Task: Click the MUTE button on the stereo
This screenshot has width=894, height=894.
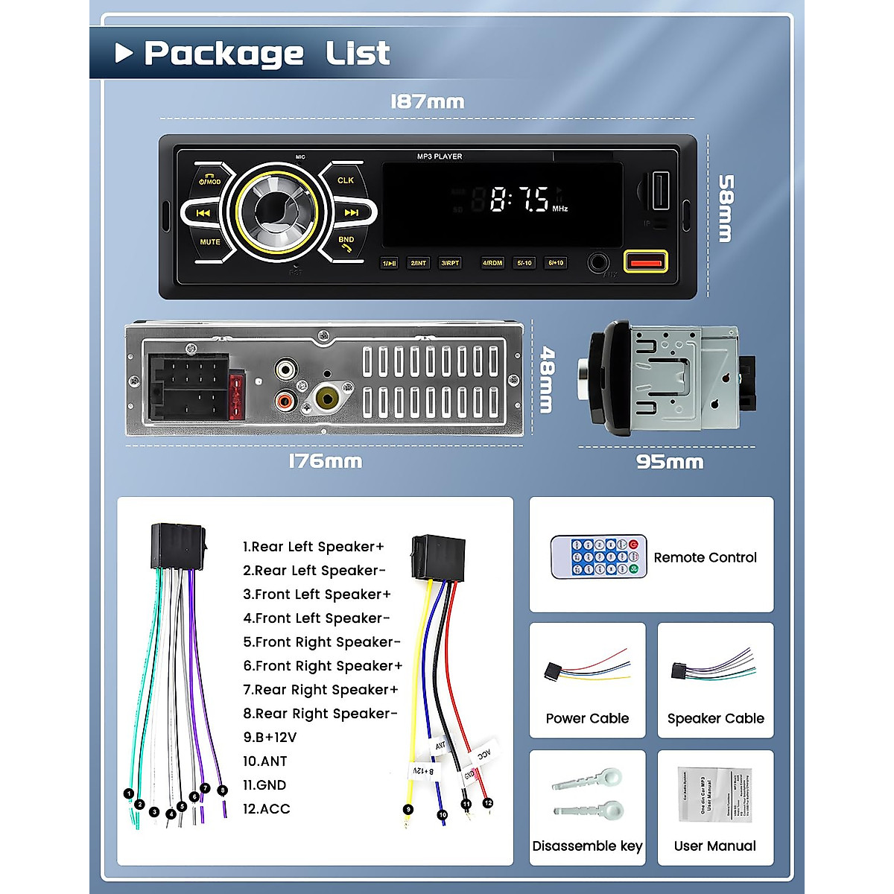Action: coord(209,242)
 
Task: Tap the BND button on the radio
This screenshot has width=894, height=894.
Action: coord(346,243)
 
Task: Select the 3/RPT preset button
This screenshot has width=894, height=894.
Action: coord(450,263)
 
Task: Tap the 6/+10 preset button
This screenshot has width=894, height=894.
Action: coord(556,263)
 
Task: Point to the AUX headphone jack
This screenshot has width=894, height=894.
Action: coord(597,262)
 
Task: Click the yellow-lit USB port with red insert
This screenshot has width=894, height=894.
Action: coord(645,261)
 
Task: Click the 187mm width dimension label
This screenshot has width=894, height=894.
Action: coord(427,101)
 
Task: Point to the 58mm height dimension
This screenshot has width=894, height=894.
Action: coord(725,209)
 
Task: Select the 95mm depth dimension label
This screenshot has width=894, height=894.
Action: coord(669,462)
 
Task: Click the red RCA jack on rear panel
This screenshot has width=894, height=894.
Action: coord(285,401)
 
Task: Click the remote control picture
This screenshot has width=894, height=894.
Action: coord(597,557)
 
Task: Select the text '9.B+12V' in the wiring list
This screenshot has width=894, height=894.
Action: coord(270,738)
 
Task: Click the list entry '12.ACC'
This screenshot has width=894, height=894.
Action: coord(267,809)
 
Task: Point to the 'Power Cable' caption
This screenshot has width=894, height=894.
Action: coord(587,719)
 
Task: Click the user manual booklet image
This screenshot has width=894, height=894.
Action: coord(714,794)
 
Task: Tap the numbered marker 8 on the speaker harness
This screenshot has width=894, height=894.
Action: coord(222,790)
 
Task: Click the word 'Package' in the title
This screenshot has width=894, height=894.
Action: coord(223,54)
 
